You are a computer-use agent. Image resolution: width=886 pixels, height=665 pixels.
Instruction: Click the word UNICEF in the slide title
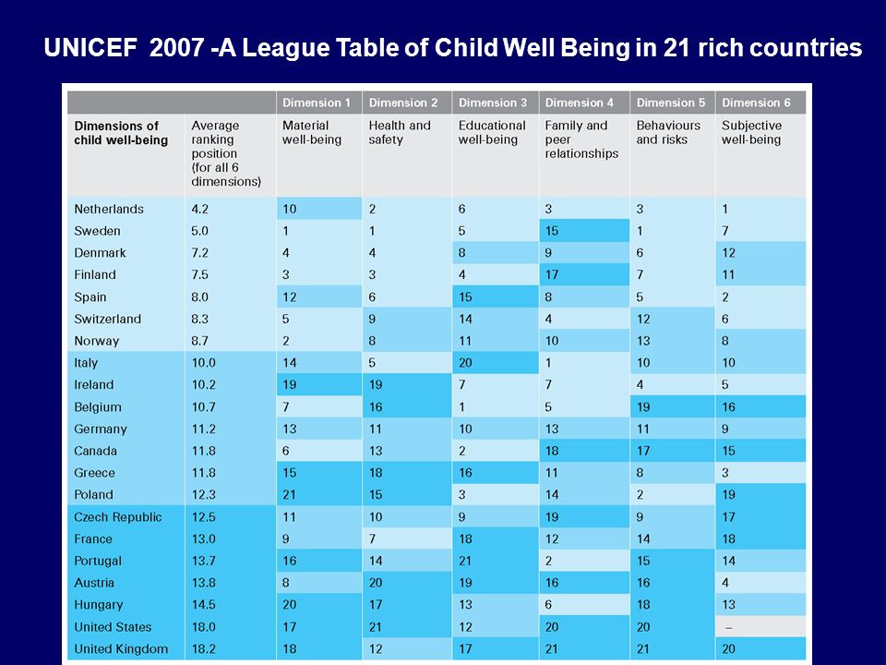pos(90,47)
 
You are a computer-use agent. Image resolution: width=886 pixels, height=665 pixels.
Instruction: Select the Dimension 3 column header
pos(493,103)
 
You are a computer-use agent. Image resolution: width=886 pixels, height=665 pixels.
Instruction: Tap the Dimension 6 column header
pos(756,103)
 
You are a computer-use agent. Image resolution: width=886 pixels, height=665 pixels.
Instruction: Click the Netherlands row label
pos(109,209)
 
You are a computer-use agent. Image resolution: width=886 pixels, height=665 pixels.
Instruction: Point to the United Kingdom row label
pos(121,648)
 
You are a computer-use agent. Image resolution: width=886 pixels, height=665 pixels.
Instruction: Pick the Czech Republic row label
pos(117,517)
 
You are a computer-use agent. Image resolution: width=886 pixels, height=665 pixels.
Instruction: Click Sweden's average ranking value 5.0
pos(200,231)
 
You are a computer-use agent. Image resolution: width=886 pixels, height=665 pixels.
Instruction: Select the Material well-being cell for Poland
pos(289,495)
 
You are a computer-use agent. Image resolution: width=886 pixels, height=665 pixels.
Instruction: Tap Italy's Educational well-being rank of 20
pos(465,362)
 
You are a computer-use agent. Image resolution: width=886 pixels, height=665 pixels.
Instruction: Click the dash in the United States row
pos(729,627)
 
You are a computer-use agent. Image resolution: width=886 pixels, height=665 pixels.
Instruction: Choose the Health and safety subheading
pos(400,132)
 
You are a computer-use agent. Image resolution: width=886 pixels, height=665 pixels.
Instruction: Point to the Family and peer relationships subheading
pos(582,139)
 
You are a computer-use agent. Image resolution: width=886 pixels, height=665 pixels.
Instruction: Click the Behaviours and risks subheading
pos(668,132)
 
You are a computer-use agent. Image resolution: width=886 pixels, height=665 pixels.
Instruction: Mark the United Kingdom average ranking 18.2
pos(203,648)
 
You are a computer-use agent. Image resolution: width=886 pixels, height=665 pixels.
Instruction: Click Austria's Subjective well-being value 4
pos(725,583)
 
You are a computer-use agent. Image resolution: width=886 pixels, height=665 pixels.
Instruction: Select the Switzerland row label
pos(107,319)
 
